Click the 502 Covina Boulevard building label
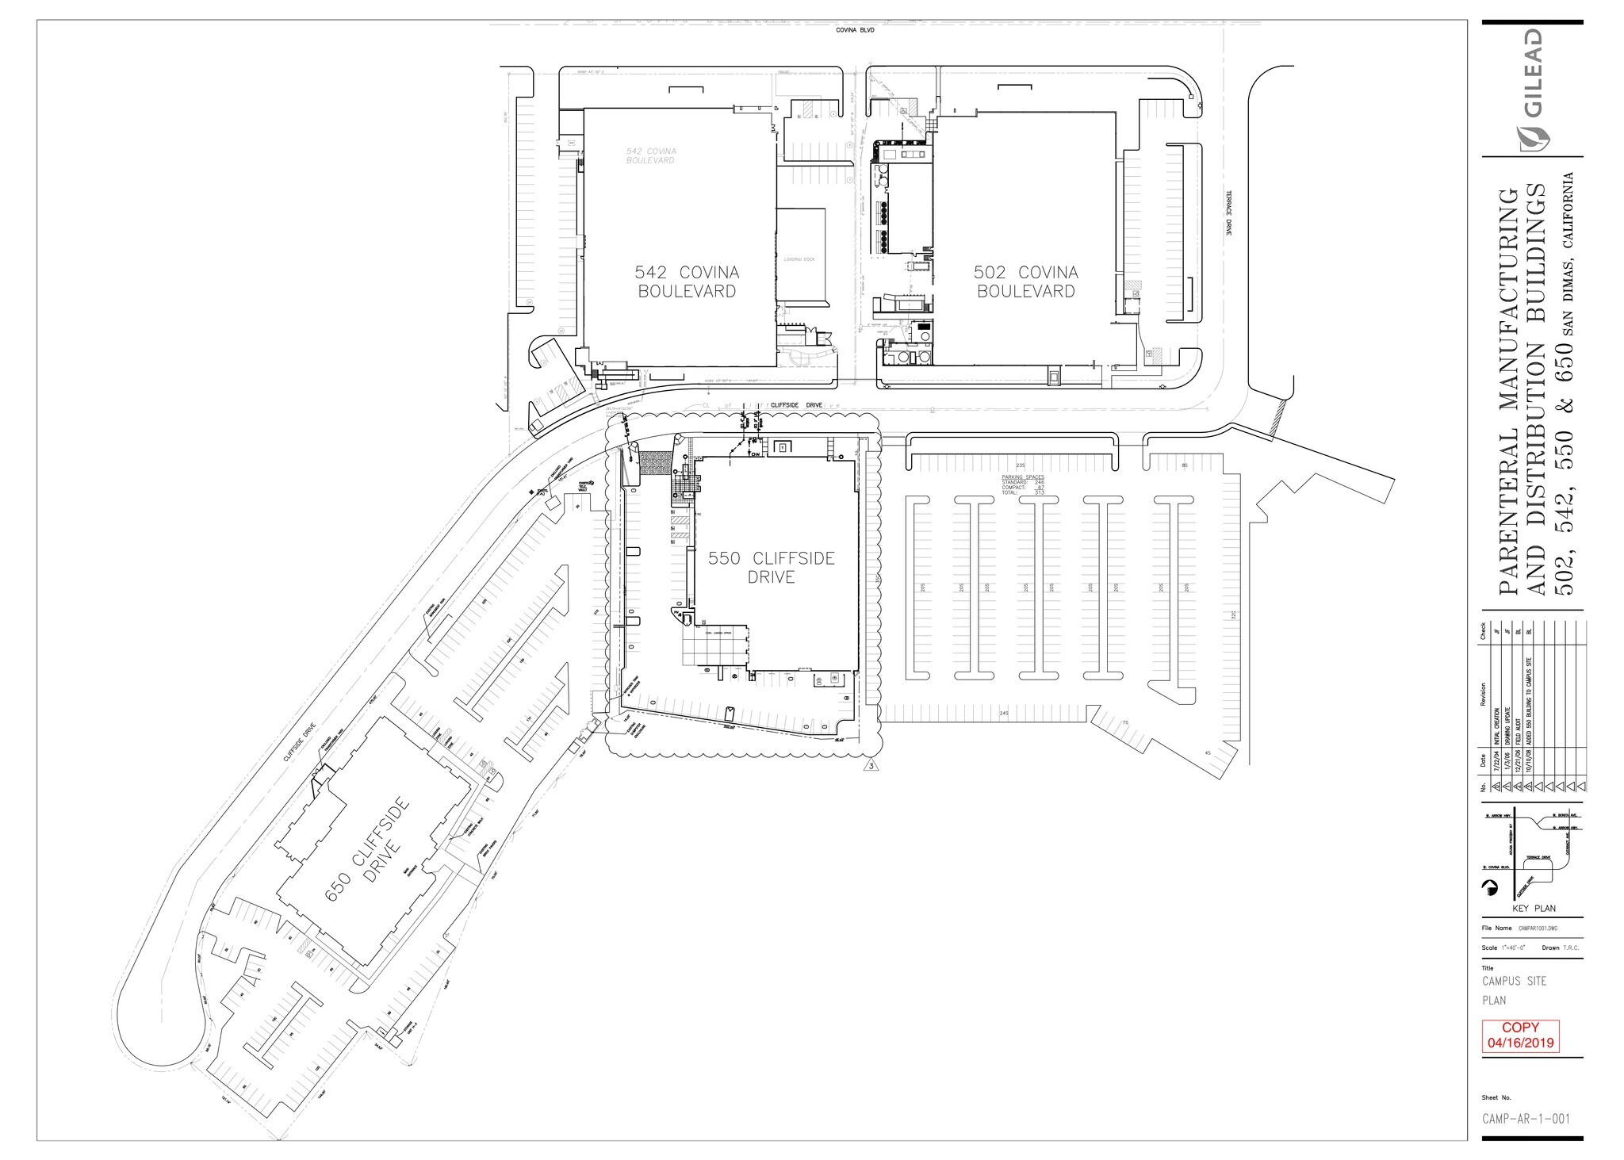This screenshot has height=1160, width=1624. (x=1025, y=281)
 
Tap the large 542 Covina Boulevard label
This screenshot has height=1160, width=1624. (x=687, y=281)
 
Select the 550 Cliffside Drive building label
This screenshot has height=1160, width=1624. (x=771, y=568)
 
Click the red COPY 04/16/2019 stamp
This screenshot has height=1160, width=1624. (x=1520, y=1036)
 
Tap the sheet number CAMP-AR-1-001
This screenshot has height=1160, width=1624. (x=1525, y=1118)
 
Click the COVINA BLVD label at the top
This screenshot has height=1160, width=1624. (x=853, y=30)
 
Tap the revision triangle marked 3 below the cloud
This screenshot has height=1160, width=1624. (x=871, y=766)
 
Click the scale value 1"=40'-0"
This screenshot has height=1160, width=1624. (x=1512, y=948)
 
